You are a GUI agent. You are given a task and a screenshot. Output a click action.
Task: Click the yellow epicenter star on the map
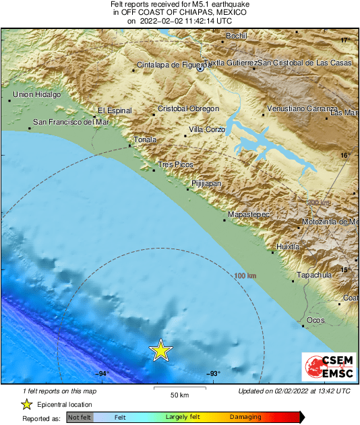(x=160, y=350)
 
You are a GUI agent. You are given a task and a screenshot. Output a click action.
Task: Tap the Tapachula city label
(x=315, y=275)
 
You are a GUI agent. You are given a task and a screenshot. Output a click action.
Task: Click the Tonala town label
(x=146, y=140)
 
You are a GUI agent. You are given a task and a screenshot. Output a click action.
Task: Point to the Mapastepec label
(x=249, y=214)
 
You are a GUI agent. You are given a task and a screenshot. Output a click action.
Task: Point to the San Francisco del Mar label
(x=71, y=123)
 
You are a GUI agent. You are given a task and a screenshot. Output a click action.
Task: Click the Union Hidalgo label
(x=37, y=95)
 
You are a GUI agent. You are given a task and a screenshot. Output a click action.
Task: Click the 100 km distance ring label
(x=245, y=275)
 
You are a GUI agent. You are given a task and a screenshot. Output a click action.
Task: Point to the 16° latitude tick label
(x=345, y=155)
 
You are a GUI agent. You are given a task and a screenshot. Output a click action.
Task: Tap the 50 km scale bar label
(x=179, y=395)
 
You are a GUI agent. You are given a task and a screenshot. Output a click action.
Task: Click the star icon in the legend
(x=27, y=404)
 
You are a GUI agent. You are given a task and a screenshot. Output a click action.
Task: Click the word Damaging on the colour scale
(x=245, y=418)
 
